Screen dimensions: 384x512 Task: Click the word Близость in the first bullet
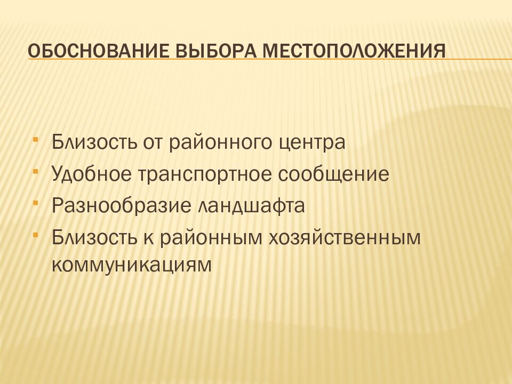pos(93,143)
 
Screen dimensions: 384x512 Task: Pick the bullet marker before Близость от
pos(35,140)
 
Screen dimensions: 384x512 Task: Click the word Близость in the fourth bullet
pos(93,238)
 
